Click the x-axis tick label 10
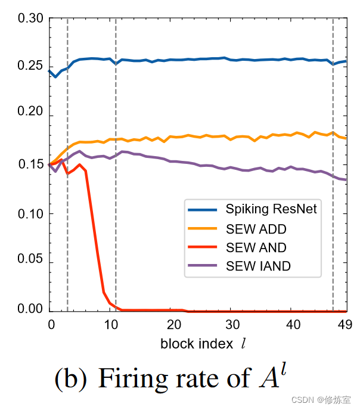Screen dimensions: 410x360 [111, 324]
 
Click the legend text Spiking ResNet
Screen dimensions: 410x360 [271, 209]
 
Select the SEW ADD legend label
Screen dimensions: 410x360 [256, 228]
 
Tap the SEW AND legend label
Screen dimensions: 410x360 [256, 247]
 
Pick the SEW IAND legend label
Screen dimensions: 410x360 [258, 266]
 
